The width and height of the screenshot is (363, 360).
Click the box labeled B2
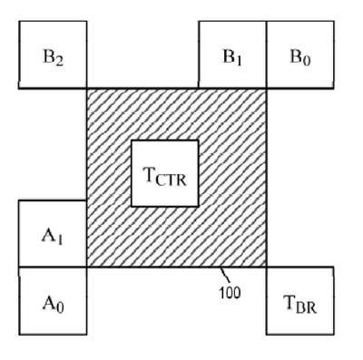pyautogui.click(x=53, y=54)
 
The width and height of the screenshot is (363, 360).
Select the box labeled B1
pyautogui.click(x=232, y=54)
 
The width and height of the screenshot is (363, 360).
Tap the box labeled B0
pyautogui.click(x=300, y=54)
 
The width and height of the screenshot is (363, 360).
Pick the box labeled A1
pyautogui.click(x=53, y=234)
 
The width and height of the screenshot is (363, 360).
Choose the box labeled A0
pyautogui.click(x=53, y=301)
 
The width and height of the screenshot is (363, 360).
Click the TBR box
pyautogui.click(x=300, y=301)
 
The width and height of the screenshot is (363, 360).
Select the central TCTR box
pyautogui.click(x=165, y=173)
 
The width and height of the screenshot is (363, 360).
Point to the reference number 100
pyautogui.click(x=230, y=292)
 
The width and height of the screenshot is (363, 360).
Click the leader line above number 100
pyautogui.click(x=224, y=275)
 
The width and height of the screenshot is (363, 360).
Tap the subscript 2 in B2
pyautogui.click(x=59, y=62)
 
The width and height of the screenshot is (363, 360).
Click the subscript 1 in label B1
pyautogui.click(x=239, y=61)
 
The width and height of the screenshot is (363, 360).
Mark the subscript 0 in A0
pyautogui.click(x=60, y=307)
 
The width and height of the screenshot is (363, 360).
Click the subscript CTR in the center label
pyautogui.click(x=172, y=180)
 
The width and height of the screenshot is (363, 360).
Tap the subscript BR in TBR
pyautogui.click(x=306, y=307)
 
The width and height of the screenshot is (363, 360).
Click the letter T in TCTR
pyautogui.click(x=151, y=175)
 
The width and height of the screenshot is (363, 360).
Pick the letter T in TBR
pyautogui.click(x=289, y=302)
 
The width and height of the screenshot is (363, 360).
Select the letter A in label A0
pyautogui.click(x=49, y=303)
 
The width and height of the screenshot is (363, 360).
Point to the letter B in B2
pyautogui.click(x=49, y=56)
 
